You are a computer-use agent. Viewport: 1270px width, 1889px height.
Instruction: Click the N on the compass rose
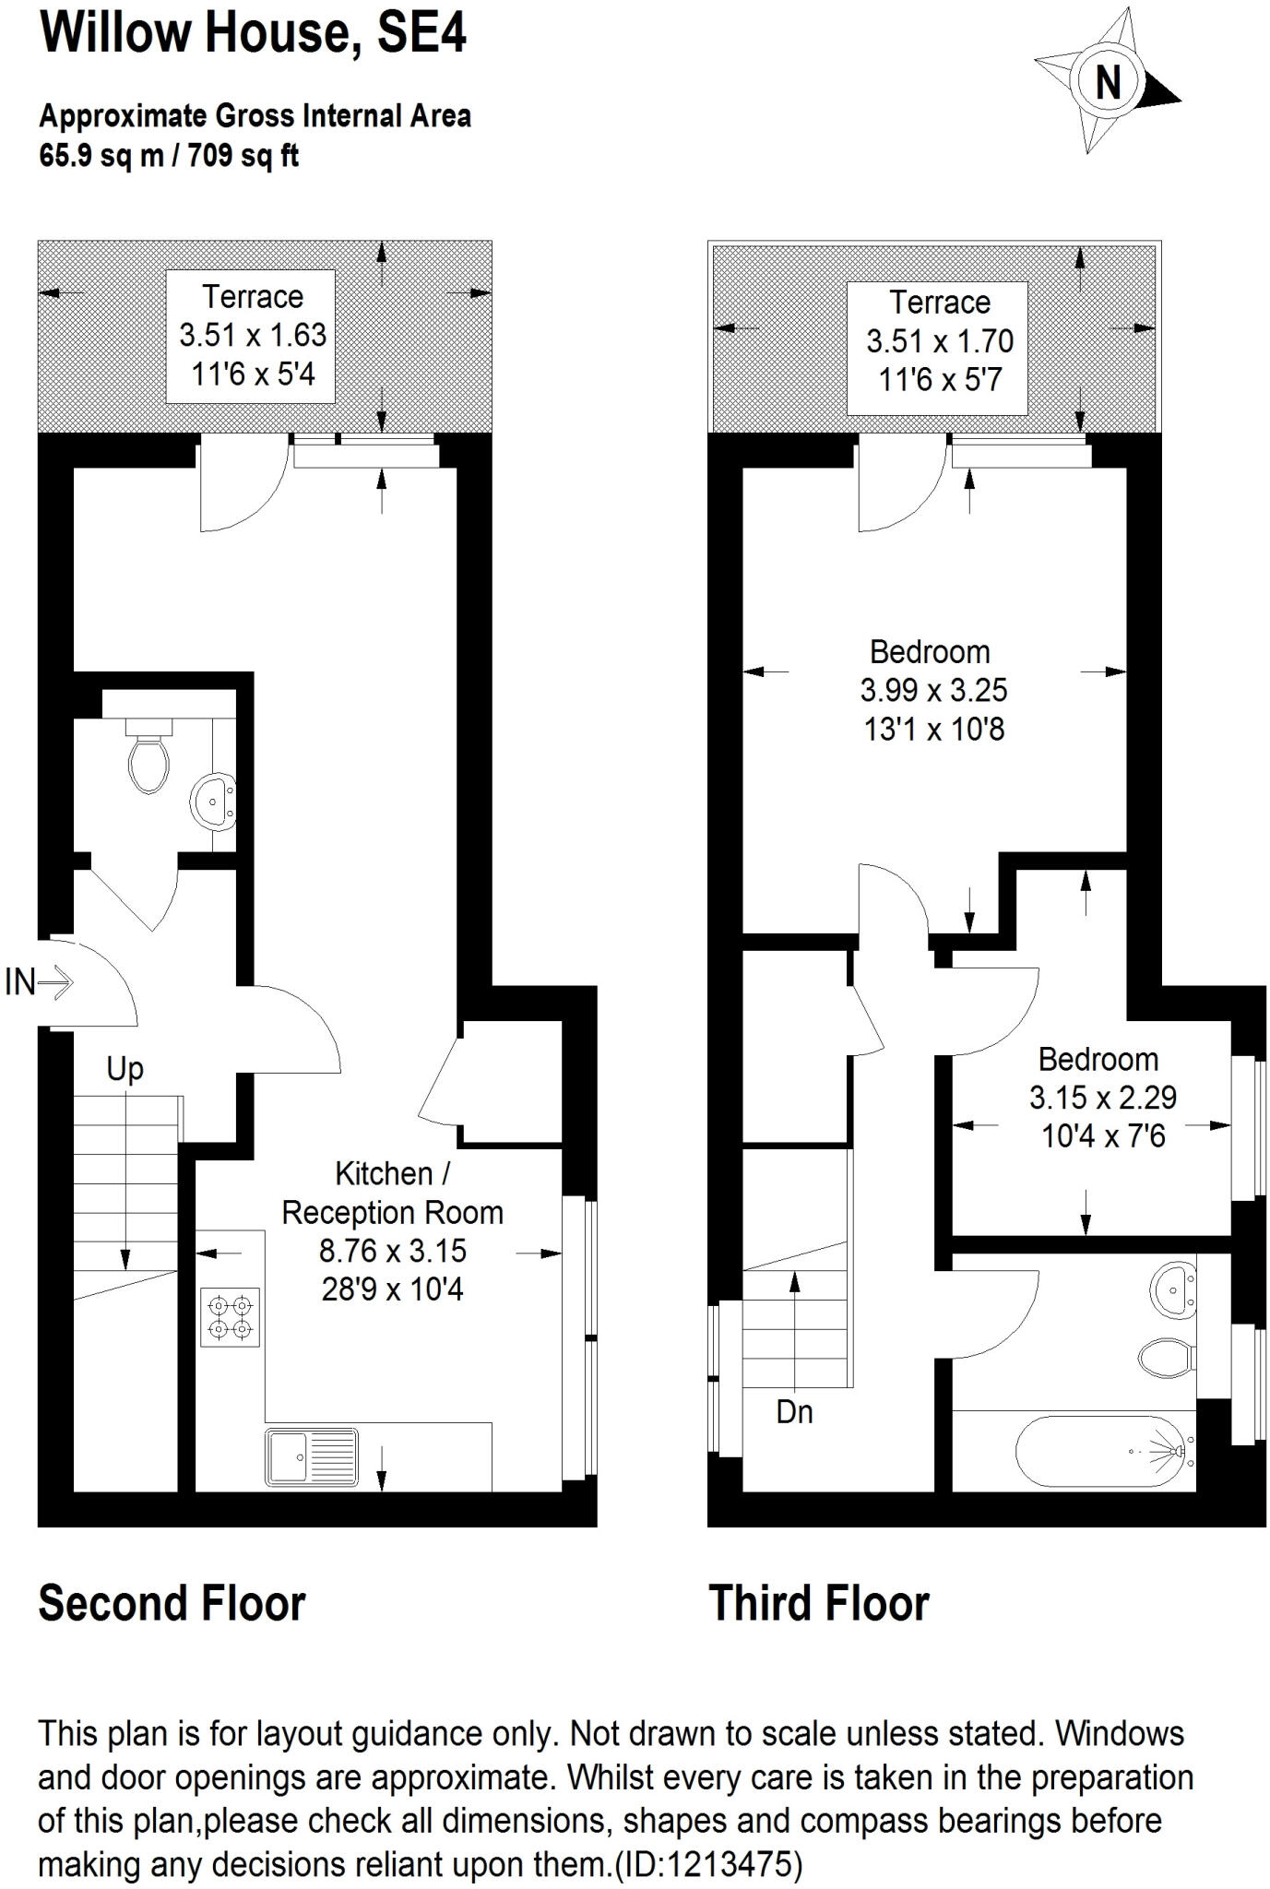coord(1108,83)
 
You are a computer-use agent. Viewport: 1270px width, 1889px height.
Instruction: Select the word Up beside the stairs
coord(125,1070)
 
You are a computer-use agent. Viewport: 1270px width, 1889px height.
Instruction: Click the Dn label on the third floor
coord(794,1411)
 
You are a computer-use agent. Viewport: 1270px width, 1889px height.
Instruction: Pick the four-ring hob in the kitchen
coord(231,1316)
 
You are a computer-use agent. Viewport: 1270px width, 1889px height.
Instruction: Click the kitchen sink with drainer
coord(312,1457)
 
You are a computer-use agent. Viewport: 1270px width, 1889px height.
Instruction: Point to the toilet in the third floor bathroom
coord(1166,1358)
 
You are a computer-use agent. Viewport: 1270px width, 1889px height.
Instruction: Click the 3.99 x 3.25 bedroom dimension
coord(933,690)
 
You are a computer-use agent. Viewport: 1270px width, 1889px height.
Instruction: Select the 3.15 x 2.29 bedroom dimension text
coord(1102,1098)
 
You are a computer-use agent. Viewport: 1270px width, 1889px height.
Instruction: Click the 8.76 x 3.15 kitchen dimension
coord(392,1251)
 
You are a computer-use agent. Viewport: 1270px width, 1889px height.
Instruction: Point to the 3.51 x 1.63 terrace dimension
coord(253,334)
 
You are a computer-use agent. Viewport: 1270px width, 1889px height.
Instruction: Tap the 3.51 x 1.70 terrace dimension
coord(939,340)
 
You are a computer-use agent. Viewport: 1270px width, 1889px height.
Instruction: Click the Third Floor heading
coord(818,1603)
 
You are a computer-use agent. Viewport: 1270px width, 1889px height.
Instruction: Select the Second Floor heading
coord(172,1603)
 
